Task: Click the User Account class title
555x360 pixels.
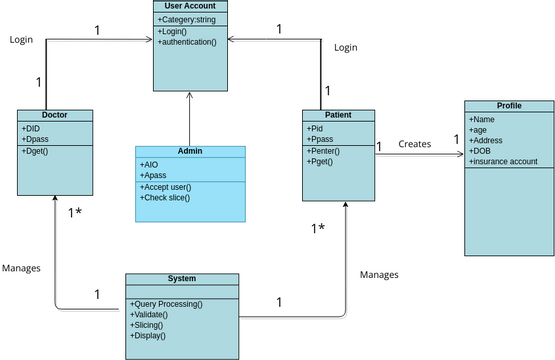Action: click(x=190, y=6)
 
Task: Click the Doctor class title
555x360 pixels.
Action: click(x=56, y=114)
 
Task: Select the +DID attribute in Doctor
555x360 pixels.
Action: click(x=32, y=128)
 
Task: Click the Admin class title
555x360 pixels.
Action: click(x=190, y=150)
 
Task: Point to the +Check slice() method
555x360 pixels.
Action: click(x=165, y=198)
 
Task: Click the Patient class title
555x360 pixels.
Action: click(x=339, y=114)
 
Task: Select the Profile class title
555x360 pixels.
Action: click(x=508, y=105)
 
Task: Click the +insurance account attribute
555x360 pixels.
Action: click(x=503, y=161)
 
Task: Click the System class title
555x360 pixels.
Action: click(x=182, y=278)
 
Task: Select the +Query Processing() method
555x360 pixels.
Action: click(x=166, y=303)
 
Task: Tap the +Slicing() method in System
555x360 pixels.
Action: click(x=147, y=325)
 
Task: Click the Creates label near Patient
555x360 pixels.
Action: click(x=415, y=144)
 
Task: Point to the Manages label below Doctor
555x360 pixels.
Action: click(x=21, y=268)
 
